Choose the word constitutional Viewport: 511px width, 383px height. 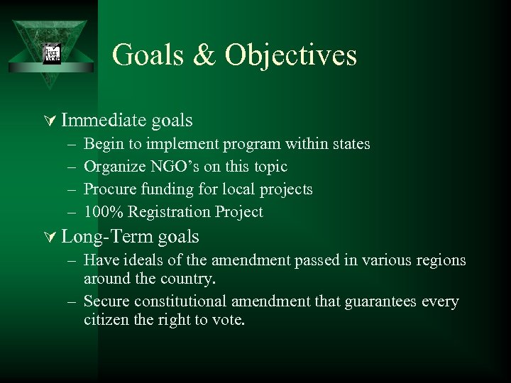182,301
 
